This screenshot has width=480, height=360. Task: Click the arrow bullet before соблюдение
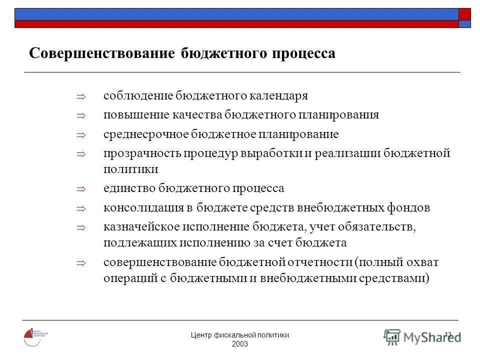(82, 96)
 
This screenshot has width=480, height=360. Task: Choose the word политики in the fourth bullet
(131, 169)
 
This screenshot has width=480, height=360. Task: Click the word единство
(129, 188)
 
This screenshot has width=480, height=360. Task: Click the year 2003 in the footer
(240, 345)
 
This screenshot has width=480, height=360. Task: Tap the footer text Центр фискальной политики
(240, 335)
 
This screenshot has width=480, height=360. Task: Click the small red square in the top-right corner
(464, 13)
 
